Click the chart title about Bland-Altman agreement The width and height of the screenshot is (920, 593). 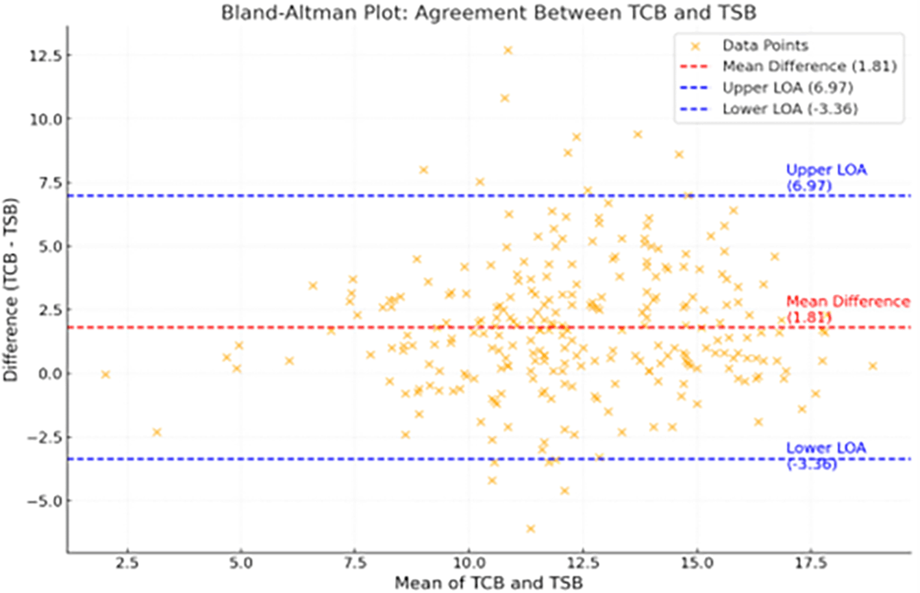point(488,13)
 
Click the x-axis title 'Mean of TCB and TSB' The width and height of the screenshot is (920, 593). point(488,582)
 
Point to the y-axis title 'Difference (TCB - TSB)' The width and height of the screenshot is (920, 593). point(10,289)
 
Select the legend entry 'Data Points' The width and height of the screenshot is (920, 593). point(765,45)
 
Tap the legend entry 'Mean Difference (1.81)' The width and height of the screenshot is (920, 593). point(809,66)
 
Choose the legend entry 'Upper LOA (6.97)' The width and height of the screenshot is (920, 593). point(787,88)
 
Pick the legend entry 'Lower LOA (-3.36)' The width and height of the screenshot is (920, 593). point(789,109)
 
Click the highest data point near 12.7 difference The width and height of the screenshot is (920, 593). point(508,50)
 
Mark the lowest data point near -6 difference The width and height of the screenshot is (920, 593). point(530,529)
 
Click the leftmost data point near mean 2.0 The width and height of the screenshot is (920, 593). point(105,374)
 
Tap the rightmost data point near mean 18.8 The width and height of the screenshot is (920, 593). point(873,366)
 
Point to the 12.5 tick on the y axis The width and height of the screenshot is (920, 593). point(45,56)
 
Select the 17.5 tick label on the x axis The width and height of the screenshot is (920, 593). point(811,563)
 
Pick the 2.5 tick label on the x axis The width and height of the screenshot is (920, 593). point(127,563)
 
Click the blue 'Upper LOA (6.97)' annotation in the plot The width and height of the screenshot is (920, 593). point(825,177)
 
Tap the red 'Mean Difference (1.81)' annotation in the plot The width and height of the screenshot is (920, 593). point(847,309)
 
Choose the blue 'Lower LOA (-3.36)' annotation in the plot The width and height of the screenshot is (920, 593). point(825,455)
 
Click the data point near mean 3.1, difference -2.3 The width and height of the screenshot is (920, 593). point(156,432)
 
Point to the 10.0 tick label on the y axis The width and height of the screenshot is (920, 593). point(45,119)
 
